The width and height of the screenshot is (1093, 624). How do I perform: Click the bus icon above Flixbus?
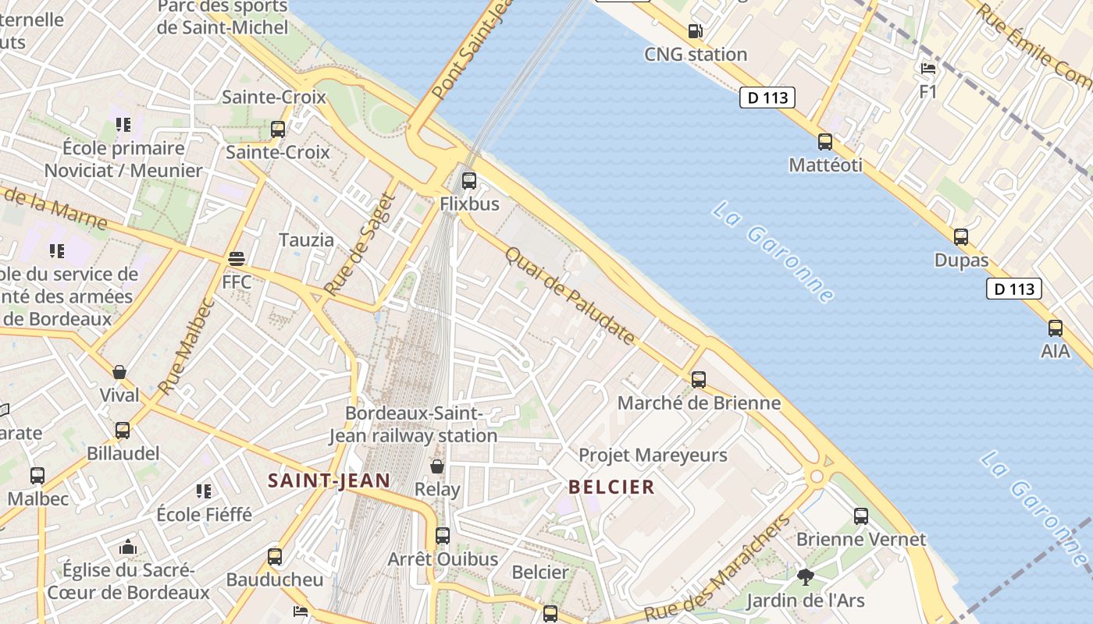[x=468, y=181]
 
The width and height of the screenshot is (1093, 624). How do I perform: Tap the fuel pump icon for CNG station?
[x=695, y=31]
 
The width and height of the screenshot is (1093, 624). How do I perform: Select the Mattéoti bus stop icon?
[x=825, y=142]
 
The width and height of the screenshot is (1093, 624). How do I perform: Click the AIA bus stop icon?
[x=1056, y=328]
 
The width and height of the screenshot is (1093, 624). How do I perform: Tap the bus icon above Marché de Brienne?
[x=699, y=380]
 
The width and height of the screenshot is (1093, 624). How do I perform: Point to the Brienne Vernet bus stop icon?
[x=861, y=516]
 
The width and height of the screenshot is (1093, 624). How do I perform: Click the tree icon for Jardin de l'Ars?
[x=806, y=577]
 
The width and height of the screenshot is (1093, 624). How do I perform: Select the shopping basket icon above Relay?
[x=437, y=466]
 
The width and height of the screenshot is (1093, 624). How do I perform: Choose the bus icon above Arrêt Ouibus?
[x=443, y=536]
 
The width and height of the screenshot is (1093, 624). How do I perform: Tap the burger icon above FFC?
[x=237, y=259]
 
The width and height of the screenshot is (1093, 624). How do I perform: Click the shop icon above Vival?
[x=119, y=372]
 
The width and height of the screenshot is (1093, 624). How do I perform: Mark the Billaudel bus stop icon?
[x=123, y=431]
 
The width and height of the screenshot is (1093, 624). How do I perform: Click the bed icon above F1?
[x=927, y=69]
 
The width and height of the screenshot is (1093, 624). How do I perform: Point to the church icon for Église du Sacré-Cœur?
[x=128, y=547]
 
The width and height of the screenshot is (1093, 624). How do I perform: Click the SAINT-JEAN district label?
[x=329, y=480]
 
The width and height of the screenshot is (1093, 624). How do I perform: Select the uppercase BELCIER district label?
[x=611, y=487]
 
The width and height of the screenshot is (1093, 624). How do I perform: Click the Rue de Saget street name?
[x=361, y=244]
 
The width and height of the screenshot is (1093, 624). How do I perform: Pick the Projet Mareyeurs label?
[x=653, y=455]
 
